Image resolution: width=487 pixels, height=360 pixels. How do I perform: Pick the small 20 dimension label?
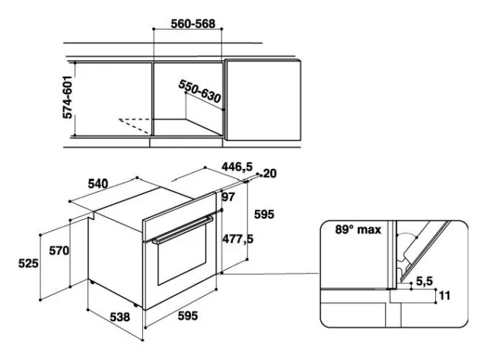point(269,174)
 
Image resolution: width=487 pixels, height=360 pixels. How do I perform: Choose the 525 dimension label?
point(28,263)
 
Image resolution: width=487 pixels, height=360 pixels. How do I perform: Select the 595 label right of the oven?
point(263,215)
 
